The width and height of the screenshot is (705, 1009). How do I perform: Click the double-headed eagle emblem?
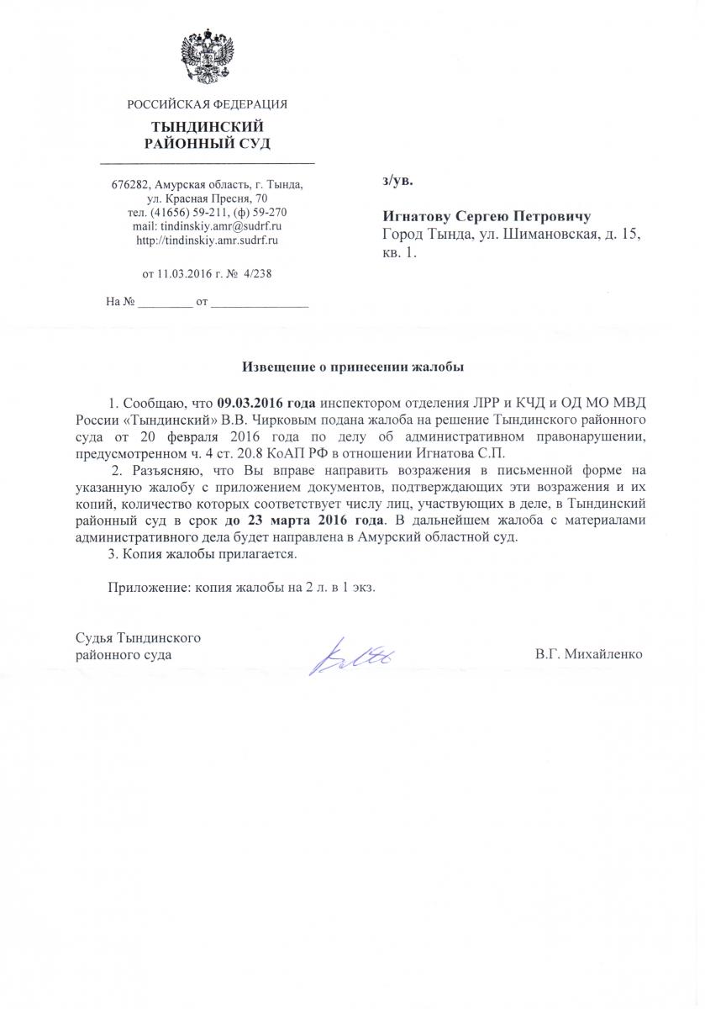tap(207, 57)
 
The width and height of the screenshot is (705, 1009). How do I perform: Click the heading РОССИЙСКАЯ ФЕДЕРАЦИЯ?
tap(207, 105)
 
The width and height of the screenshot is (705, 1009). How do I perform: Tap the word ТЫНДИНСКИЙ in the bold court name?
tap(207, 126)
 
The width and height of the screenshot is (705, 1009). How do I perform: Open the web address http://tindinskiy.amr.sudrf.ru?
tap(207, 240)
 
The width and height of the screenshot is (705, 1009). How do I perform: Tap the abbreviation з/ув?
tap(398, 180)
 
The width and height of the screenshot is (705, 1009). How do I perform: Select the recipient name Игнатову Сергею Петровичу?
tap(487, 215)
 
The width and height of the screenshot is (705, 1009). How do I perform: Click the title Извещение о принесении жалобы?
tap(353, 367)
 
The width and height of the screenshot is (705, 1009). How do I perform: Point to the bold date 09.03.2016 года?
tap(266, 399)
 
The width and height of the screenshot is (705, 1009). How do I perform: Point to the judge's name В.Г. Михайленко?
tap(588, 653)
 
